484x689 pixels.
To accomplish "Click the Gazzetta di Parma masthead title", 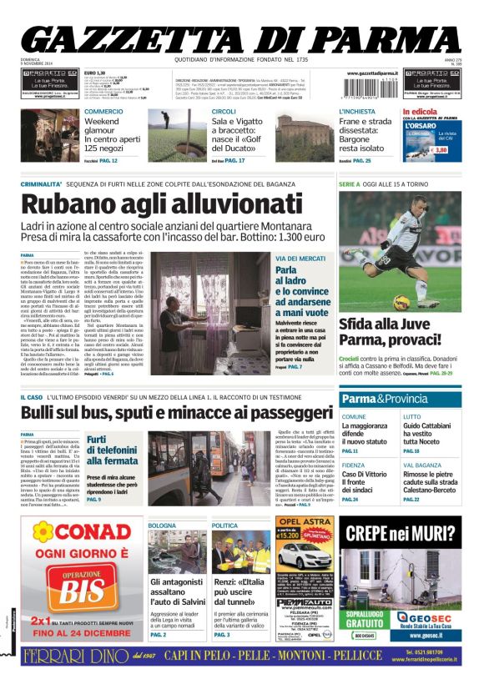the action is (x=242, y=37).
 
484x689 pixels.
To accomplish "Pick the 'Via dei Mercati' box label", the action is (x=300, y=259).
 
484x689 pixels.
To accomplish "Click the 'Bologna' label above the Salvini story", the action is (x=163, y=525).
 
